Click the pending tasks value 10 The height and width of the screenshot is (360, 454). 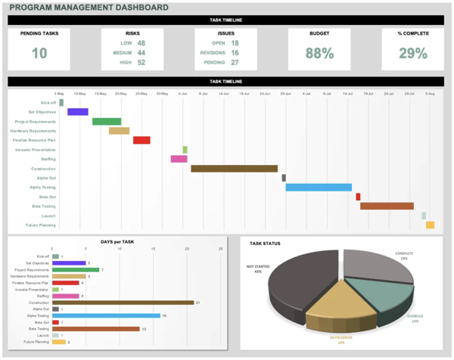tap(39, 53)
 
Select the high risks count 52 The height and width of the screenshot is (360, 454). tap(141, 62)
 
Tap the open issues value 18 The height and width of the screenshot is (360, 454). tap(235, 43)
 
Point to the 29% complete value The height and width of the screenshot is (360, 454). tap(413, 53)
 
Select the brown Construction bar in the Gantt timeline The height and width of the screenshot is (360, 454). tap(234, 169)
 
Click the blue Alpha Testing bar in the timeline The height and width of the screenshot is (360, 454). tap(318, 187)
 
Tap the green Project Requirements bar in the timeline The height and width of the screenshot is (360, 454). tap(107, 121)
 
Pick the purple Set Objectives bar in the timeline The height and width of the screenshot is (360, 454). tap(78, 112)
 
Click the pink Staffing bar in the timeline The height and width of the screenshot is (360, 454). tap(179, 159)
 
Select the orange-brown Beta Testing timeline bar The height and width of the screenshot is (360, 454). tap(387, 206)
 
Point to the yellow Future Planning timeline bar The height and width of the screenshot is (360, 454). tap(430, 225)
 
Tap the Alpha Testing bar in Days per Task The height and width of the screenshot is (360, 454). tap(106, 315)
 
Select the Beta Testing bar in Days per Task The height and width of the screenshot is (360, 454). tap(95, 329)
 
